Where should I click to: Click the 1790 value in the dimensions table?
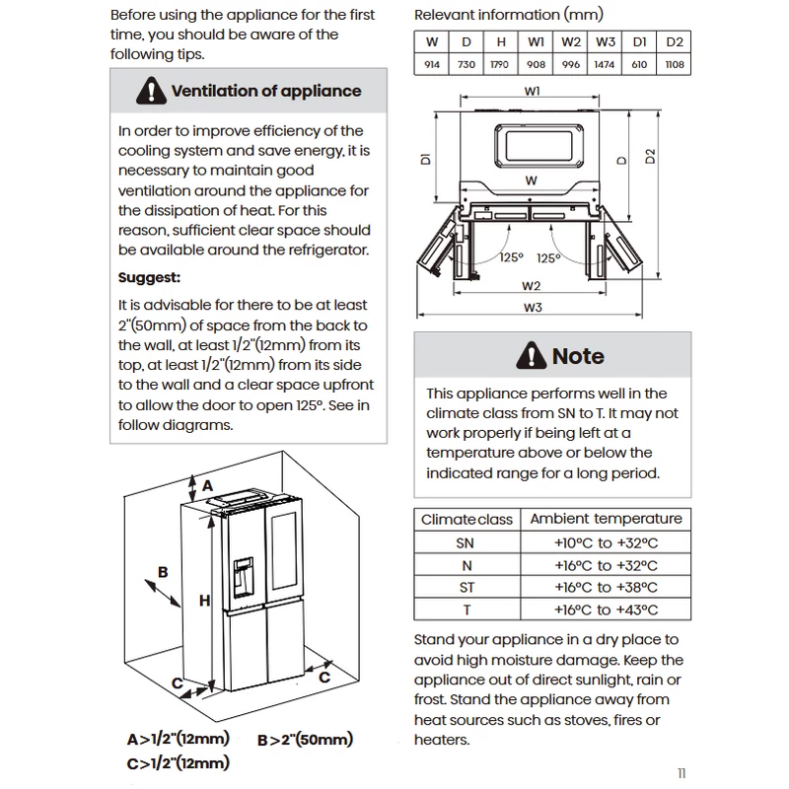click(x=500, y=64)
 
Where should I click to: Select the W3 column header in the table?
click(x=606, y=41)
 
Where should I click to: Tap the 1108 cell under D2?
click(x=675, y=64)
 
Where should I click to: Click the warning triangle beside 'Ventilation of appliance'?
click(x=151, y=91)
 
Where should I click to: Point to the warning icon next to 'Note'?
click(x=532, y=355)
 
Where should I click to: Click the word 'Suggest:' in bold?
click(x=149, y=278)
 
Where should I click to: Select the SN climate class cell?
click(x=465, y=543)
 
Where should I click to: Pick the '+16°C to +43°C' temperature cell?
click(x=606, y=610)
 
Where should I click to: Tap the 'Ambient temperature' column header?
click(x=606, y=519)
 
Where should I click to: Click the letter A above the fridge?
click(x=207, y=485)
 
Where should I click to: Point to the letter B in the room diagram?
click(x=163, y=572)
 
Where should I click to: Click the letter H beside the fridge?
click(x=204, y=601)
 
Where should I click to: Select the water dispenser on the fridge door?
click(x=243, y=577)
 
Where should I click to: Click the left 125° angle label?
click(x=512, y=257)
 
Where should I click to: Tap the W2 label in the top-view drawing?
click(x=531, y=286)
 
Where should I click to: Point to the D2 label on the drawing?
click(x=650, y=156)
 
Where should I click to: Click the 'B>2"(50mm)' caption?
click(x=305, y=740)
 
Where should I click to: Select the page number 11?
click(x=681, y=773)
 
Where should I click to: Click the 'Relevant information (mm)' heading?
click(x=508, y=15)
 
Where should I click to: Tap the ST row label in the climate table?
click(x=466, y=587)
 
